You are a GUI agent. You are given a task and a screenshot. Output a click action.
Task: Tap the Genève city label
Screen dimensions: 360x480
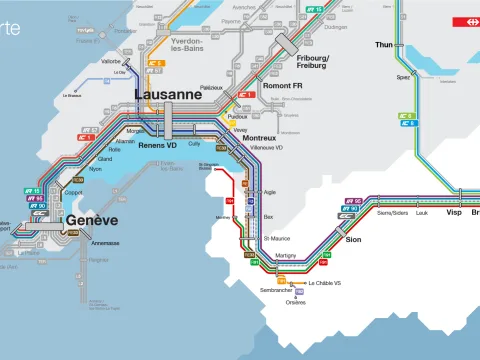pos(92,220)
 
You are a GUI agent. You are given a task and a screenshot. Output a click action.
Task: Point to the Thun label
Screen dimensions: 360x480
pos(384,45)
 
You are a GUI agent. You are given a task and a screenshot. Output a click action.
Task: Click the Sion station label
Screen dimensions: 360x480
pos(352,240)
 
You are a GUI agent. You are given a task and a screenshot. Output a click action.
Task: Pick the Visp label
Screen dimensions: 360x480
pos(453,213)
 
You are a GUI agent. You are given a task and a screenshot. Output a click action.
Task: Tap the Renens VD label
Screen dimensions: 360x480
pos(158,145)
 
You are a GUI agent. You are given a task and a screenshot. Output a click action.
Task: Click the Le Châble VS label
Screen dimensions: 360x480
pos(324,283)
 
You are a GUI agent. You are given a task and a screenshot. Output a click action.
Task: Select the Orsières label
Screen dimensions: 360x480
pos(296,301)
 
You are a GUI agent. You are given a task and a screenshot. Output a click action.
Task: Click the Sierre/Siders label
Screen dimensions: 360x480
pos(393,213)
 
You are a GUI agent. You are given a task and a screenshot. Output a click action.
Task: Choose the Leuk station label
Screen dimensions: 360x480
pos(422,213)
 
